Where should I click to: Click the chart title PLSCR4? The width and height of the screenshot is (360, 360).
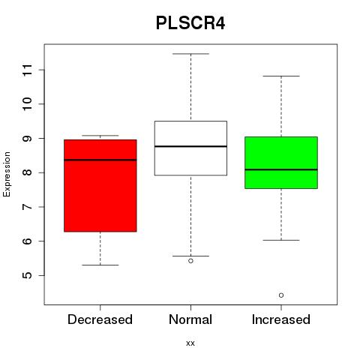point(190,23)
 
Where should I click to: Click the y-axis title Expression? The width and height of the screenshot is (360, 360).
point(7,174)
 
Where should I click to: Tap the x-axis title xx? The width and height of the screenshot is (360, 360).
point(190,343)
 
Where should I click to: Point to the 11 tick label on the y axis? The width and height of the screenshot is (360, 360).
point(28,70)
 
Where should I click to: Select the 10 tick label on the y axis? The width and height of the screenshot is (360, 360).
point(28,104)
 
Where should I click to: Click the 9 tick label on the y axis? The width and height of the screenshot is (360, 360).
point(28,138)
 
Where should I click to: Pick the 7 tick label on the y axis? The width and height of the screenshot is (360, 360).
point(28,207)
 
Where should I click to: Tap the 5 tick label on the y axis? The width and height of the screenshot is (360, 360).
point(28,275)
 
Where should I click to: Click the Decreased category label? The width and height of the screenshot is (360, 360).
point(100,319)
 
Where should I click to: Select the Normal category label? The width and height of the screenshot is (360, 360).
point(190,319)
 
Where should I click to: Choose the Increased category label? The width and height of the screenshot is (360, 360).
point(281,319)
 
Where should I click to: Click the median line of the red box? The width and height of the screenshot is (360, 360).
point(100,160)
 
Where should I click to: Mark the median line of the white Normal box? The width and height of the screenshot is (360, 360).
point(190,146)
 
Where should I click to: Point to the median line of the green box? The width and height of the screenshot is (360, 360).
point(281,169)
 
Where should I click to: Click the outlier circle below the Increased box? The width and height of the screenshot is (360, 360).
point(281,295)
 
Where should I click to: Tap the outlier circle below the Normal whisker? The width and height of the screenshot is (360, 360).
point(190,261)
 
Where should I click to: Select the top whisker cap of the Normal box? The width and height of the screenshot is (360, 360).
point(190,54)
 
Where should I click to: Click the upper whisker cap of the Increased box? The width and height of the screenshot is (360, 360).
point(281,76)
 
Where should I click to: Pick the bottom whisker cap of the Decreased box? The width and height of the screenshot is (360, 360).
point(100,265)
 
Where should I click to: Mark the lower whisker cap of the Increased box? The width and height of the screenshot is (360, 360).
point(281,240)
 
